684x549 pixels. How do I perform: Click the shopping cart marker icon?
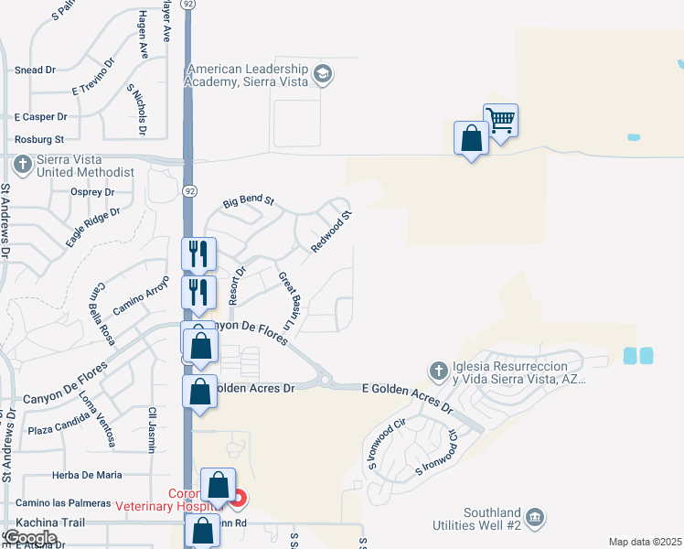pyautogui.click(x=501, y=120)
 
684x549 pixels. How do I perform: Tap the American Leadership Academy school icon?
pyautogui.click(x=321, y=73)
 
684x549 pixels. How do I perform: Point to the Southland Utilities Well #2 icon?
pyautogui.click(x=536, y=519)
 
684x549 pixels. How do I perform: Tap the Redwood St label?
pyautogui.click(x=331, y=232)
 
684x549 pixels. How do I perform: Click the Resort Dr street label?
pyautogui.click(x=239, y=285)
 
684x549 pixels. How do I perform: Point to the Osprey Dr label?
pyautogui.click(x=92, y=192)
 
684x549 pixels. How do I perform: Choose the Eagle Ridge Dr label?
pyautogui.click(x=93, y=227)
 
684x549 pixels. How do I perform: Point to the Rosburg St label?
pyautogui.click(x=39, y=140)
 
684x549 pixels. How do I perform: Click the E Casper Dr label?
pyautogui.click(x=41, y=117)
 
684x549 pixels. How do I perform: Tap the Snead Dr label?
pyautogui.click(x=36, y=70)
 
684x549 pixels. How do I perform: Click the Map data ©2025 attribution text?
pyautogui.click(x=646, y=542)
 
